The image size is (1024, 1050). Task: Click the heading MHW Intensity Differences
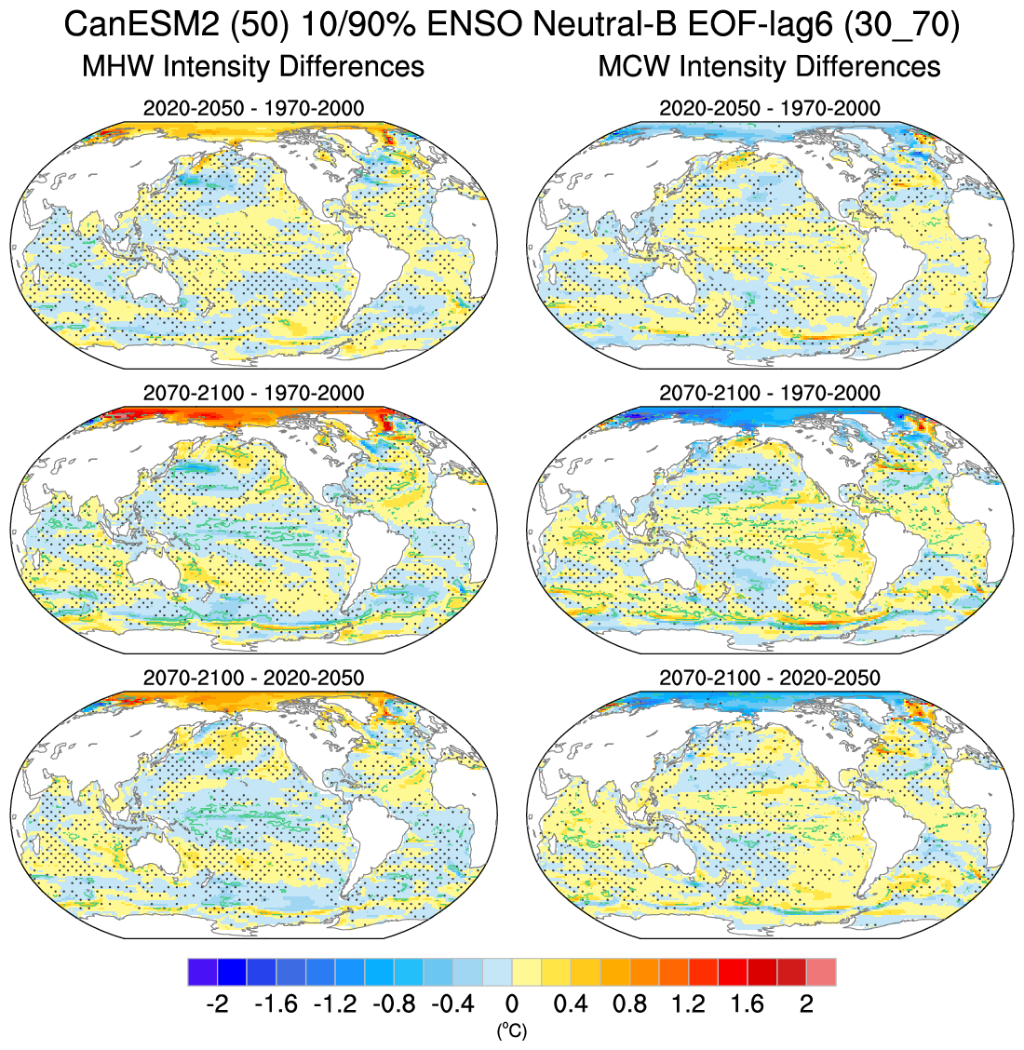point(253,67)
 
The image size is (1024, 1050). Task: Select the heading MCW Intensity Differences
point(769,67)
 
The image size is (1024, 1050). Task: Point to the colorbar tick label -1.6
point(275,1004)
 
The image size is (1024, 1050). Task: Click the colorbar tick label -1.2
point(334,1004)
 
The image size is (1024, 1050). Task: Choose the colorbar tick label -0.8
point(393,1004)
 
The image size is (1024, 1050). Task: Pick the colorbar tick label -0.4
point(452,1004)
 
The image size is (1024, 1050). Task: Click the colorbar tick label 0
point(512,1004)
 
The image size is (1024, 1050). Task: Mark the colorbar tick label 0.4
point(571,1004)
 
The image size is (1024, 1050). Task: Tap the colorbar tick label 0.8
point(630,1004)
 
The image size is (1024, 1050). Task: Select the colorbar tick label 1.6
point(748,1004)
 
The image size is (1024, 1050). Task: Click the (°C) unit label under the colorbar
point(511,1030)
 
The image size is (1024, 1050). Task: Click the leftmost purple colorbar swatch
point(202,972)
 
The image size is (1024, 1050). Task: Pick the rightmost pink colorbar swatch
point(821,972)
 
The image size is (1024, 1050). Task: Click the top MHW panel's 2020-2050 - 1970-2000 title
point(253,108)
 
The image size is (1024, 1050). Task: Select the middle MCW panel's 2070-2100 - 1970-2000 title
point(769,393)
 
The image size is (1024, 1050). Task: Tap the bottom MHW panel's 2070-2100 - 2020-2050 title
point(253,678)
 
